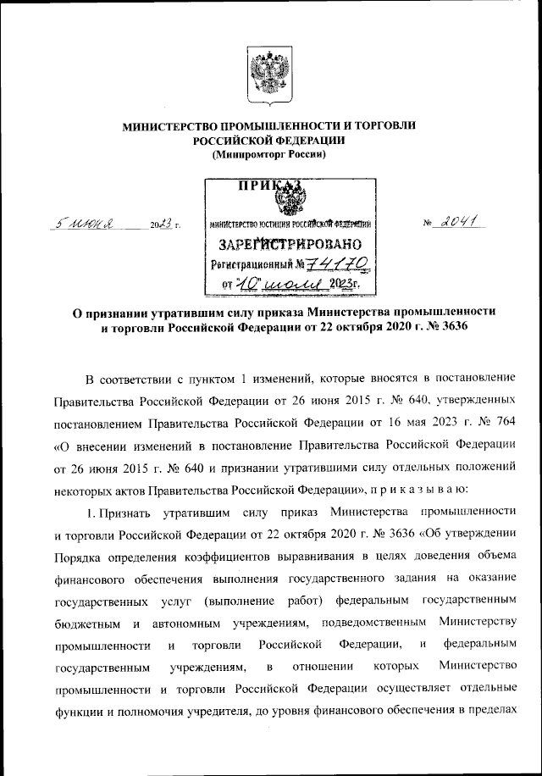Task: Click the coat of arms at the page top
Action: click(x=269, y=75)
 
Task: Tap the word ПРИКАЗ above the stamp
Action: click(x=269, y=187)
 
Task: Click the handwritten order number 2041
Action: click(x=458, y=221)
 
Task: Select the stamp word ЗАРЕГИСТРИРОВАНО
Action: click(x=290, y=247)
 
